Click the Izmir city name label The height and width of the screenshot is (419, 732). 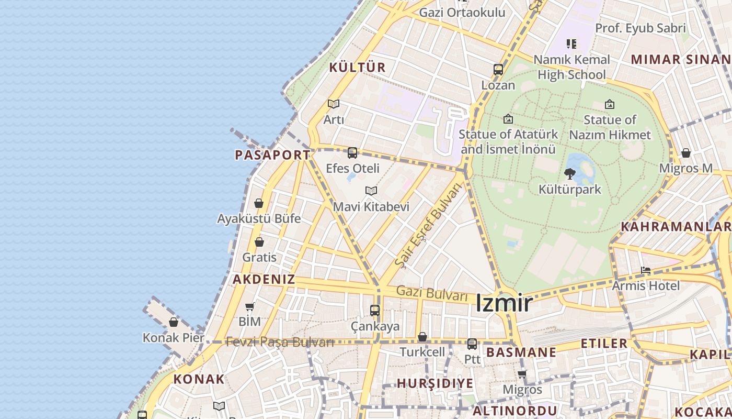[504, 303]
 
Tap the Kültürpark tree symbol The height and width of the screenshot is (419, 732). [570, 173]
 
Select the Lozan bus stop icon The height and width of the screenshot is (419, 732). [498, 69]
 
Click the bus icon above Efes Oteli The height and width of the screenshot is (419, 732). [352, 153]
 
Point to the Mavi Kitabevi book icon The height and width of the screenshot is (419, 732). [371, 191]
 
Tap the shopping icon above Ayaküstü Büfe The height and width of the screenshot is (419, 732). [259, 203]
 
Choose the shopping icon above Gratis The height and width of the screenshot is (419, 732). [259, 242]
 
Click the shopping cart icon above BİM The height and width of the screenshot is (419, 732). [250, 306]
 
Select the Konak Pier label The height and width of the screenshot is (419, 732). [174, 338]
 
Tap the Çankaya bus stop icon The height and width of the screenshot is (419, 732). [375, 310]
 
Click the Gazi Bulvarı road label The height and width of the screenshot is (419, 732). [432, 293]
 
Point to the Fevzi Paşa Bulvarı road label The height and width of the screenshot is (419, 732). [280, 342]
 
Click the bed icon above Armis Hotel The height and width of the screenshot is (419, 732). [646, 271]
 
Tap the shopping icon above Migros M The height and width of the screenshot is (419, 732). [685, 153]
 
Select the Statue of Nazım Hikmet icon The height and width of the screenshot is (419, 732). [610, 104]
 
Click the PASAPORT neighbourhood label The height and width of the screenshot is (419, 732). [272, 155]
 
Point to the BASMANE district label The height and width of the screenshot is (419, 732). [521, 352]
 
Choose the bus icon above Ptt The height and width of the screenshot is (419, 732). [472, 344]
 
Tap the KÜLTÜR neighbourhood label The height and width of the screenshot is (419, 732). [357, 68]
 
